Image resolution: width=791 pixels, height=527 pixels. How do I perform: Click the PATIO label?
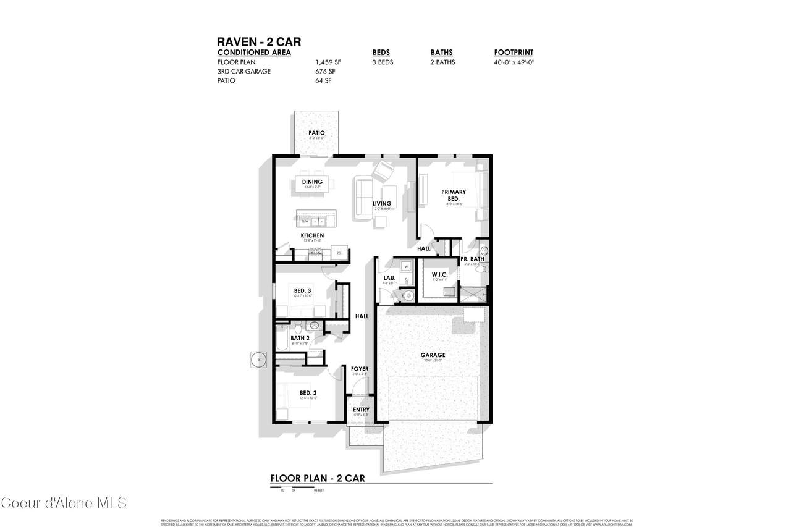(x=316, y=133)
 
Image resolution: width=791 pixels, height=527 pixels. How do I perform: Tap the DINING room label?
(x=312, y=182)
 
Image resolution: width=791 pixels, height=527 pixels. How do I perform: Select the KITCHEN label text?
(x=312, y=235)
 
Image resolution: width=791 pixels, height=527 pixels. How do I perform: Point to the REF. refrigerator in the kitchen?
(x=339, y=253)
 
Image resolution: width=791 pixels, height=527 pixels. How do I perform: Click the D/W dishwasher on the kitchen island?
(x=305, y=221)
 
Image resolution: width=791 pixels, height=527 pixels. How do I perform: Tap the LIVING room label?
(x=381, y=204)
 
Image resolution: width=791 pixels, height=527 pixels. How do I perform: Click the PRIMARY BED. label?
(x=454, y=195)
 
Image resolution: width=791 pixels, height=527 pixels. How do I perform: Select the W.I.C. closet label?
(x=439, y=274)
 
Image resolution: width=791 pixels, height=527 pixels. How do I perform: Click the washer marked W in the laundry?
(x=407, y=266)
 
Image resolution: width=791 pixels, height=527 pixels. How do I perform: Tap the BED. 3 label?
(x=302, y=290)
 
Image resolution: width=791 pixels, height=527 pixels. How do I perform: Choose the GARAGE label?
(x=433, y=355)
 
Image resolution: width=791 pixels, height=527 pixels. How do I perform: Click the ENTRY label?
(x=361, y=410)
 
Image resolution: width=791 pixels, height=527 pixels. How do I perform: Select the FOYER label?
(x=360, y=369)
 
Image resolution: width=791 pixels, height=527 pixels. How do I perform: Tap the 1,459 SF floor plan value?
(x=328, y=62)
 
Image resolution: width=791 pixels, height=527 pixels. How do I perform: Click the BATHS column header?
(x=441, y=53)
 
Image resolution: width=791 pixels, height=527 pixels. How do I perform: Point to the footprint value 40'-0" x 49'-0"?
(x=514, y=62)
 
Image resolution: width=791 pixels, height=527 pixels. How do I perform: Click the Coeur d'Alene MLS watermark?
(x=64, y=502)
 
